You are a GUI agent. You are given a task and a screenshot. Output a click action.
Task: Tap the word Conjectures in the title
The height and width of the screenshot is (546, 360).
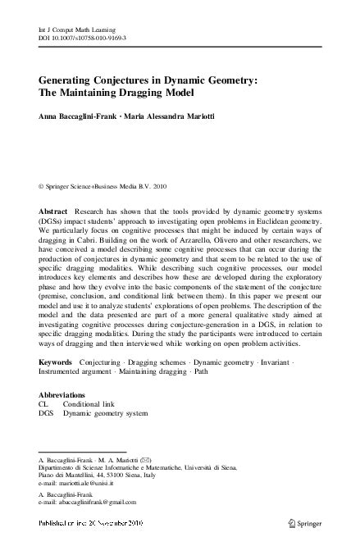120,80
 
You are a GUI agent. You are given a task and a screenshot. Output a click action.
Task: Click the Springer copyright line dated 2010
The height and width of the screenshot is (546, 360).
98,186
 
